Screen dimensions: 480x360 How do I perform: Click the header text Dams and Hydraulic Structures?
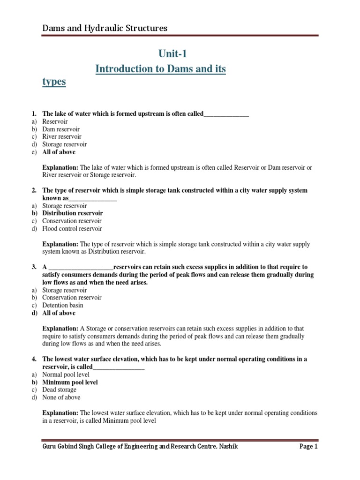(x=105, y=29)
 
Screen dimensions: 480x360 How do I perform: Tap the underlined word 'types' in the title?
(x=54, y=82)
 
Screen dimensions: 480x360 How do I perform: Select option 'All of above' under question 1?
(x=59, y=152)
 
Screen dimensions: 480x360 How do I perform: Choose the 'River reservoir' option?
(x=61, y=137)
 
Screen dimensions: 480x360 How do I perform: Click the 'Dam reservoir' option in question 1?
(x=61, y=129)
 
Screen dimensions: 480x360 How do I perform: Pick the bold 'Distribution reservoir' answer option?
(x=72, y=213)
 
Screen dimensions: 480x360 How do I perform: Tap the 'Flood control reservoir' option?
(x=72, y=229)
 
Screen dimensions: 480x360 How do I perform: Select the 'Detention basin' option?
(x=62, y=305)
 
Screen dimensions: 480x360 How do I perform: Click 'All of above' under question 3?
(x=59, y=313)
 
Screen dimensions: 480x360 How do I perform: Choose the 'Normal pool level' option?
(x=66, y=375)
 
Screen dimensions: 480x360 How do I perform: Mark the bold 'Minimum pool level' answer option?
(x=70, y=382)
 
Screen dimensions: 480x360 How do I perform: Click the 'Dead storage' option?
(x=59, y=390)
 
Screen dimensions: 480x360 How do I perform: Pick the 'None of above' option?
(x=61, y=397)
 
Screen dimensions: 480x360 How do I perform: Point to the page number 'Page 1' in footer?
(x=308, y=447)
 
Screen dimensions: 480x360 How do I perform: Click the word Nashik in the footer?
(x=227, y=447)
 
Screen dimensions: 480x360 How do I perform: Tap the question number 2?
(x=34, y=190)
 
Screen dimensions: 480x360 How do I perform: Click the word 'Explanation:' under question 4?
(x=60, y=413)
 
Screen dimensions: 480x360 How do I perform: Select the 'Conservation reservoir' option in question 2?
(x=72, y=221)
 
